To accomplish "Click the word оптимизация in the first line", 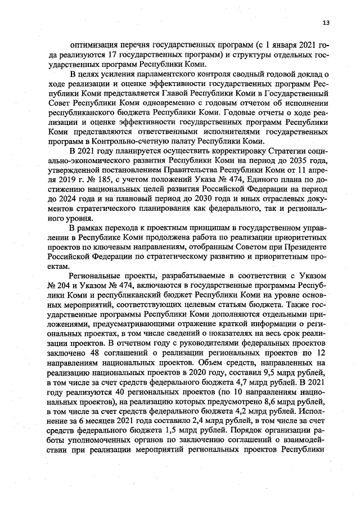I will [94, 43].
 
